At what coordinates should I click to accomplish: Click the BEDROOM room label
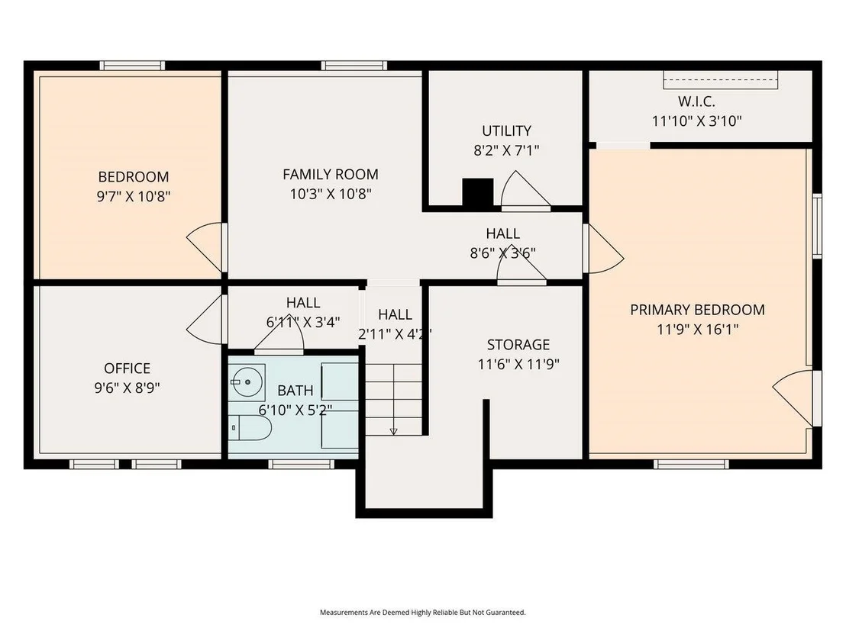(134, 177)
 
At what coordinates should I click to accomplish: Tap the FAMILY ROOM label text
(330, 175)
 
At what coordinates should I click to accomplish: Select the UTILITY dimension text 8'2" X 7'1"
(506, 150)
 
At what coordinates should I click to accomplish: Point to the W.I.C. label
(696, 101)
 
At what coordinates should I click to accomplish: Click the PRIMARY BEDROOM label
(697, 310)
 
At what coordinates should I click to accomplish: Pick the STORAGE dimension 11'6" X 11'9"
(518, 365)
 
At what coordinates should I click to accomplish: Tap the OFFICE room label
(127, 368)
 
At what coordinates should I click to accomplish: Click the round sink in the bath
(247, 381)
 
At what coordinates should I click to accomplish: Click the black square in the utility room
(477, 192)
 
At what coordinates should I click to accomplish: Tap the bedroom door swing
(205, 247)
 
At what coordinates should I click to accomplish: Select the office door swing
(205, 319)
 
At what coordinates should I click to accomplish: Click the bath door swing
(279, 333)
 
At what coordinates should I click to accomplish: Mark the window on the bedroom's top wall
(132, 66)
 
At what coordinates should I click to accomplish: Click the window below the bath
(301, 464)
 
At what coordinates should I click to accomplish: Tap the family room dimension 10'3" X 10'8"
(330, 194)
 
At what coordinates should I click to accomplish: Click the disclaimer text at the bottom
(422, 613)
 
